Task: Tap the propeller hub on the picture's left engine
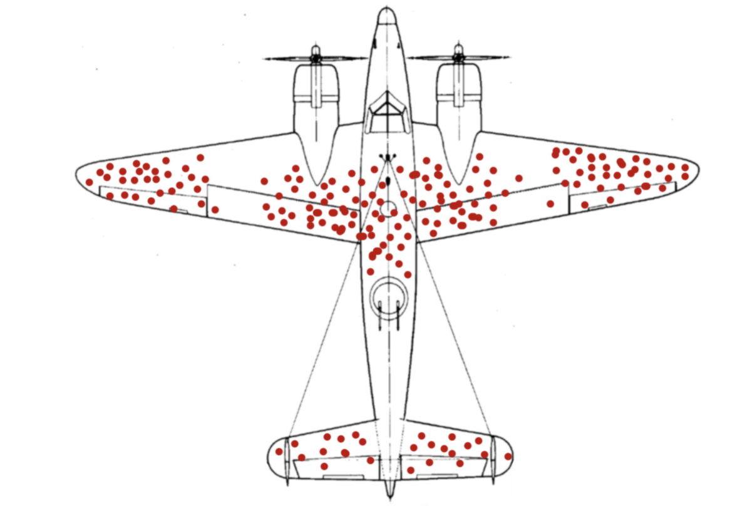316,58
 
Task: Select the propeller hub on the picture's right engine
458,58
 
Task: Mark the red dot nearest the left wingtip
89,182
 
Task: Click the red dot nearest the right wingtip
685,168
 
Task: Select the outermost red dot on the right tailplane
508,457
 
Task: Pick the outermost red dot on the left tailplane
279,452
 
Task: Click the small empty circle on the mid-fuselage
389,209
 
